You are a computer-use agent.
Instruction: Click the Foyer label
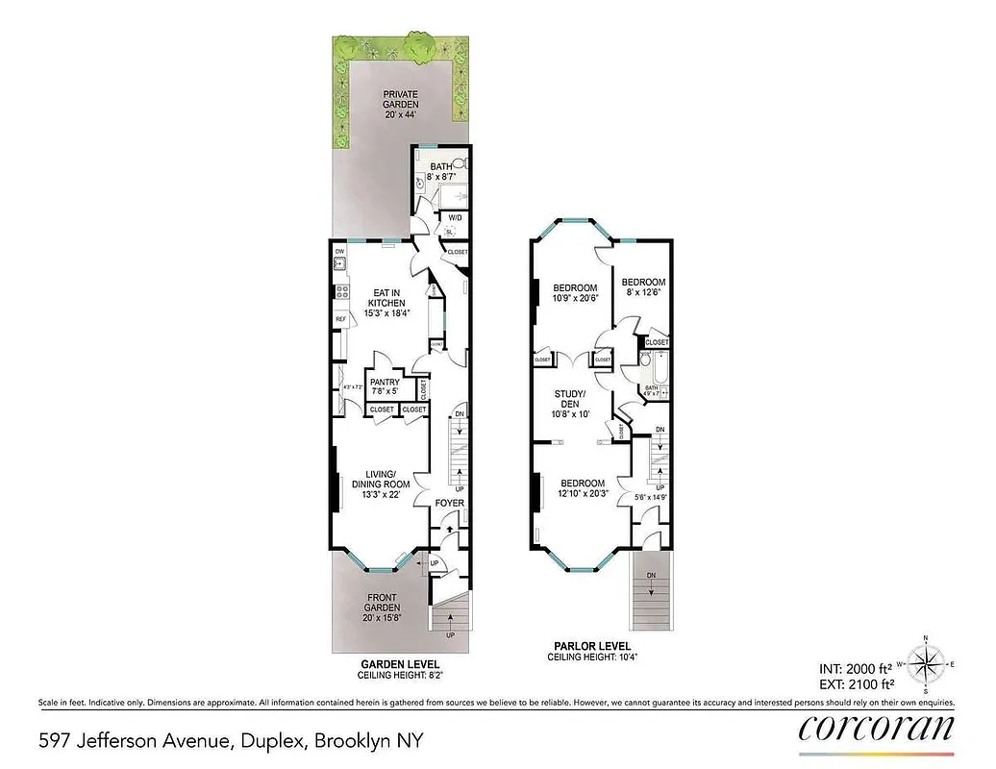(x=449, y=503)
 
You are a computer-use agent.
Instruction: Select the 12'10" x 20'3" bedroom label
(x=583, y=489)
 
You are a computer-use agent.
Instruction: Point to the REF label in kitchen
(x=340, y=319)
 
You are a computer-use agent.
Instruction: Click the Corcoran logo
(x=876, y=728)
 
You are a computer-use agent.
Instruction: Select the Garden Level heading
(x=399, y=664)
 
